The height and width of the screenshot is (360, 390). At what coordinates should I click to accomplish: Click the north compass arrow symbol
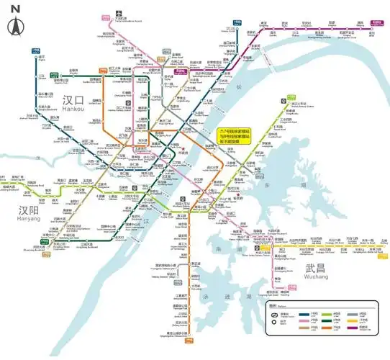15,27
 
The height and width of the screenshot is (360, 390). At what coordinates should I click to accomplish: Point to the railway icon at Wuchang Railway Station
185,193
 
